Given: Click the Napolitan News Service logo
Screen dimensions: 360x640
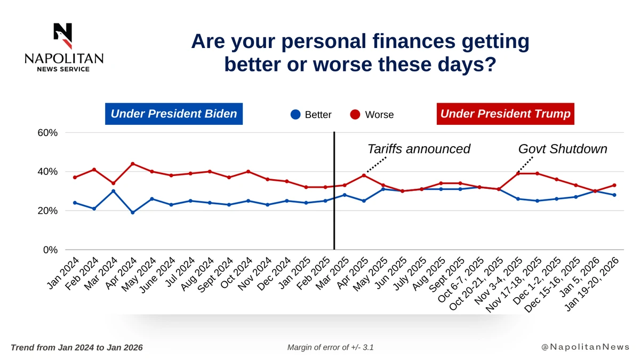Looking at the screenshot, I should click(64, 47).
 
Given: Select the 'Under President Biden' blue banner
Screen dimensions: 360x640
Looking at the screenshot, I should click(173, 114).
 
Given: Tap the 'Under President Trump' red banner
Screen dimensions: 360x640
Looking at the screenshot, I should click(505, 114).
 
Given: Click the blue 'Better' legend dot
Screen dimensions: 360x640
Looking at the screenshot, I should click(295, 115).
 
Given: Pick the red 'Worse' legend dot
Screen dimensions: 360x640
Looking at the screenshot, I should click(355, 115).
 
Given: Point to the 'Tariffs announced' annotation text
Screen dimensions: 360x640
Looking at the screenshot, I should click(419, 149).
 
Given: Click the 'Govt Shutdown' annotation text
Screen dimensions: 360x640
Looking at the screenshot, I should click(563, 149).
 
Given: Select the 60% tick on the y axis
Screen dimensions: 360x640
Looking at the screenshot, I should click(47, 133).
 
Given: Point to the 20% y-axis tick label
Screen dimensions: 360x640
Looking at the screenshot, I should click(47, 211).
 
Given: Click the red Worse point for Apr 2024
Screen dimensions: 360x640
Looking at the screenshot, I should click(132, 164).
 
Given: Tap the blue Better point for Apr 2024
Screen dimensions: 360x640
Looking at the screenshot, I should click(132, 212).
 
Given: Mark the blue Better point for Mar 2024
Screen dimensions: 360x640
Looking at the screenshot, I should click(113, 191).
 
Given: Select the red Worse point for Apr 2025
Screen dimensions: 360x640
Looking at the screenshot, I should click(364, 175).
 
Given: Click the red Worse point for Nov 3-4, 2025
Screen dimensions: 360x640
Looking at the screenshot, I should click(518, 173).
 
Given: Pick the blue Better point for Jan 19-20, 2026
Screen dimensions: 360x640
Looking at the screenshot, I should click(614, 195).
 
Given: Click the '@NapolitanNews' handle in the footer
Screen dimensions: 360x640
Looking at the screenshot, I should click(585, 347).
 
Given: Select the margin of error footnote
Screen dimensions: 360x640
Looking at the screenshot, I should click(330, 347).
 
